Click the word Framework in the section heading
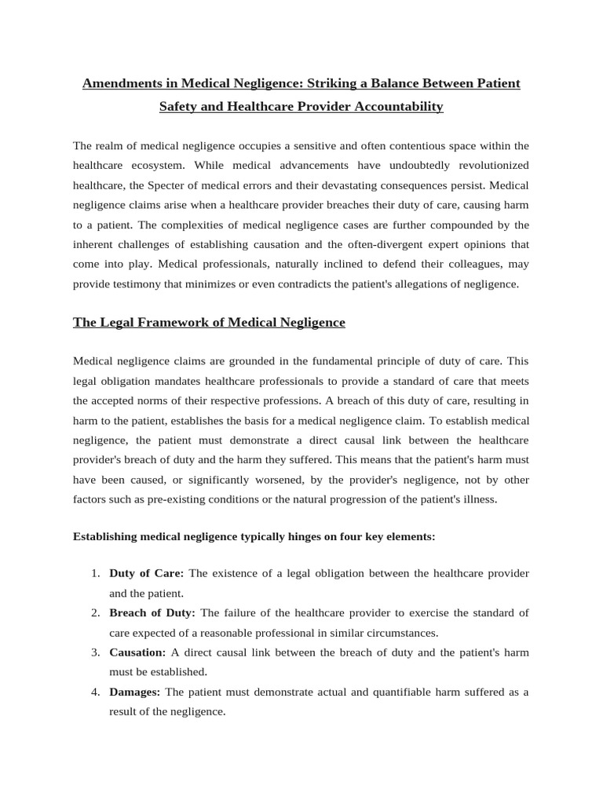pyautogui.click(x=172, y=322)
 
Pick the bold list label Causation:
pyautogui.click(x=137, y=652)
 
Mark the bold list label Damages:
pyautogui.click(x=134, y=692)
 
